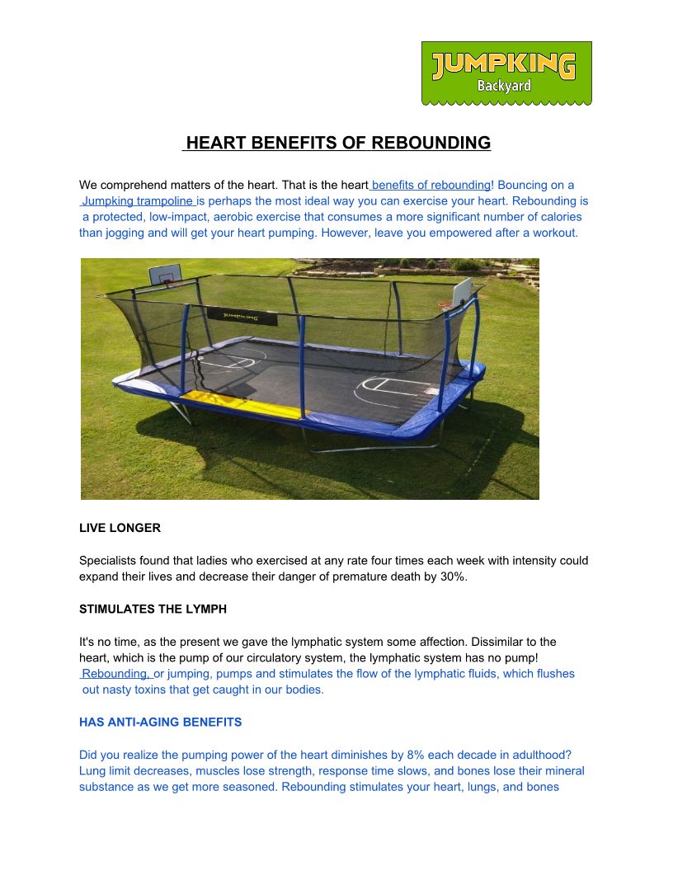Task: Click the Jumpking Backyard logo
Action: (x=506, y=73)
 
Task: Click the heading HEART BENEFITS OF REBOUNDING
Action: (x=337, y=143)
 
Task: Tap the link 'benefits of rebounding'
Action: (x=431, y=185)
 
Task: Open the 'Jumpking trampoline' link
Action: (x=138, y=201)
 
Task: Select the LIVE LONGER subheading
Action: (x=120, y=528)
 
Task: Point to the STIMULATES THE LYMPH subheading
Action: (x=153, y=610)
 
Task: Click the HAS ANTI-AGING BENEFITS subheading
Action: (x=160, y=723)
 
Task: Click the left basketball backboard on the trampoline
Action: (x=166, y=275)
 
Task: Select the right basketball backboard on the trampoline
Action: (x=462, y=290)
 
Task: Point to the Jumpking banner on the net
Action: (x=235, y=316)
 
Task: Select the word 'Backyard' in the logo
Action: (x=505, y=86)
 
